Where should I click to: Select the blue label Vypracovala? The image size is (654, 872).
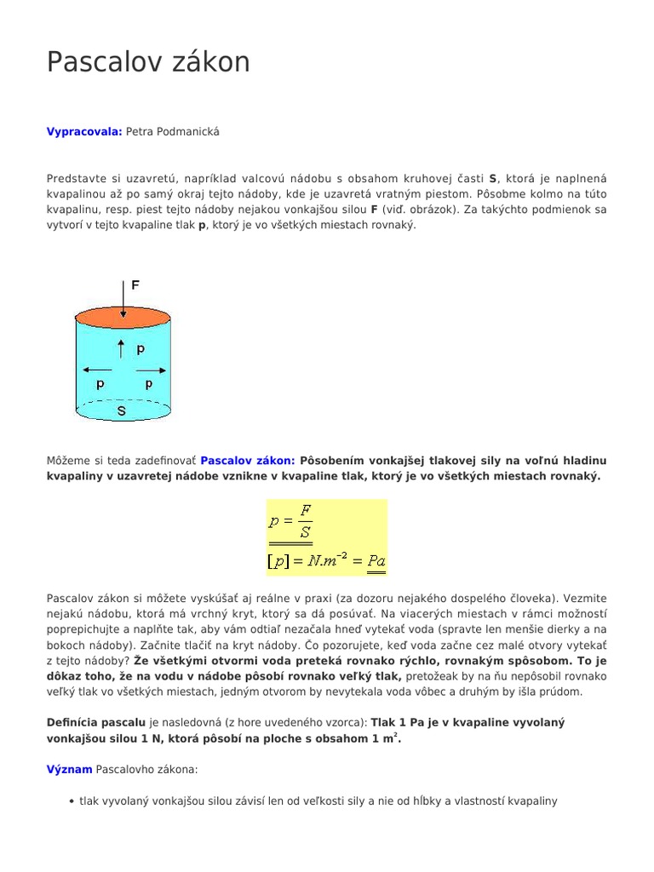click(x=84, y=131)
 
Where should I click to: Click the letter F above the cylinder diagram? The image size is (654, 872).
click(x=135, y=286)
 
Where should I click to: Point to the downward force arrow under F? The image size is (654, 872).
click(x=123, y=302)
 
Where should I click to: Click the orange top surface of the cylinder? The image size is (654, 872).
click(x=123, y=321)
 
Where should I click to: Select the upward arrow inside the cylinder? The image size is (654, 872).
click(x=121, y=348)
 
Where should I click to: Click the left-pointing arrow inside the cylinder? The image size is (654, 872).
click(x=92, y=370)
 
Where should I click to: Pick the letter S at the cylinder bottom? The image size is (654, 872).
click(x=122, y=411)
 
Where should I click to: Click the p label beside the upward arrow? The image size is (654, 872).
click(x=140, y=348)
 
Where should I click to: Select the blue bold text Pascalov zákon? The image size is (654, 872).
click(x=248, y=461)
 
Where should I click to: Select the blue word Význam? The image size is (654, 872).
click(x=69, y=769)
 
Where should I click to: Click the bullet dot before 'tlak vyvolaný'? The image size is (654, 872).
click(x=71, y=801)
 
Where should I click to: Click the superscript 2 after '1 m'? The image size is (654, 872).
click(x=395, y=736)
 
